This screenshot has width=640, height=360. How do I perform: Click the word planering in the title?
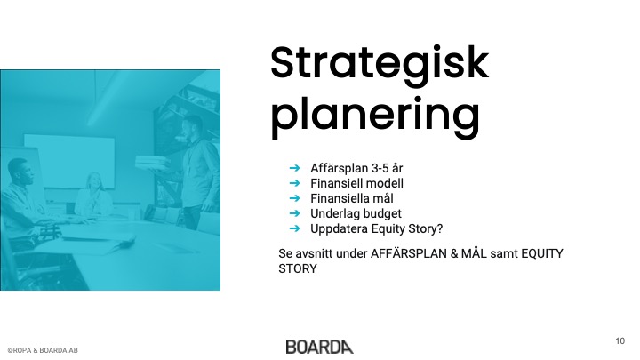pos(375,116)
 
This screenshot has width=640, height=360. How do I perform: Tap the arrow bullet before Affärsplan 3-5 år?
pos(294,168)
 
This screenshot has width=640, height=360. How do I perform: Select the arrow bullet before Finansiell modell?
pos(294,183)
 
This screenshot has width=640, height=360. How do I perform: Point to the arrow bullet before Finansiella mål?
pos(294,198)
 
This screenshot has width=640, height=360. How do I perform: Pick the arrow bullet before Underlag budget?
pos(294,213)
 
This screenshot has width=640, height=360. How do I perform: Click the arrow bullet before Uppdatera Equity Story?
pos(294,228)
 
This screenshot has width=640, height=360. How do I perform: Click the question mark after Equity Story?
pos(440,228)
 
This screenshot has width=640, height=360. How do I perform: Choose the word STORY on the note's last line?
pos(298,269)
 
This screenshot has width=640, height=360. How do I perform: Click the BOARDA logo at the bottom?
pos(320,347)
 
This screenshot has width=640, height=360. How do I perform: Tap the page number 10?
pos(620,340)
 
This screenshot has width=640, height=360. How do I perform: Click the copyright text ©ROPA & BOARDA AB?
pos(43,350)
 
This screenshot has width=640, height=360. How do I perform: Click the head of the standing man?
pos(193,126)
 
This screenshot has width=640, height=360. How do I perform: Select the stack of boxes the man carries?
pos(152,163)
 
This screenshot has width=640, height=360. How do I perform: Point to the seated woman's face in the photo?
pos(95,180)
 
